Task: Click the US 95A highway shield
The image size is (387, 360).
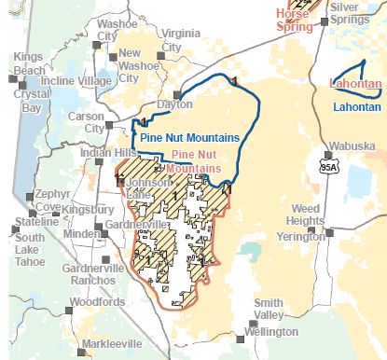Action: click(x=327, y=168)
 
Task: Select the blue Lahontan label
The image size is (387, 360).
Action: click(x=355, y=106)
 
